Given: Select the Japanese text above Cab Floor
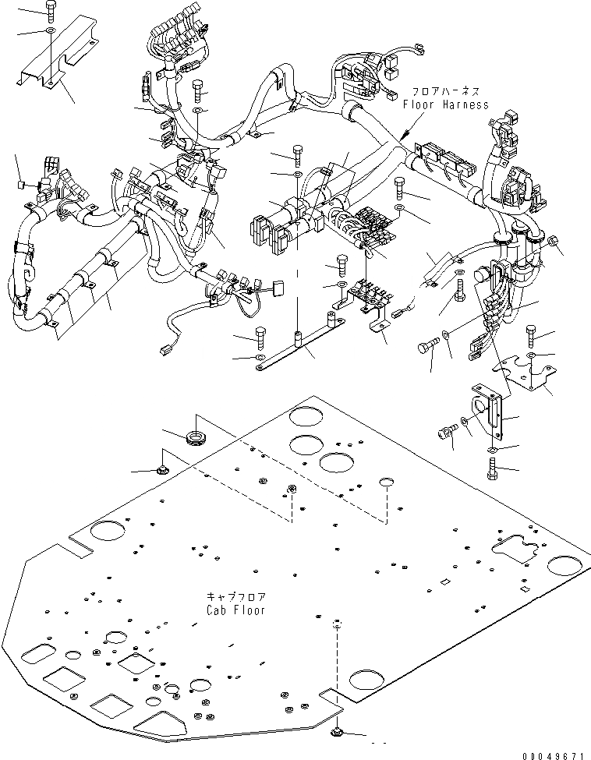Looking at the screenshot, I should [x=235, y=597].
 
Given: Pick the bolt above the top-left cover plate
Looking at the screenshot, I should [x=50, y=10].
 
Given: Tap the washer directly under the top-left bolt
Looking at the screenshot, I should [x=50, y=30].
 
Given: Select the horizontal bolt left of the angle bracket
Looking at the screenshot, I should [x=448, y=431].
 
